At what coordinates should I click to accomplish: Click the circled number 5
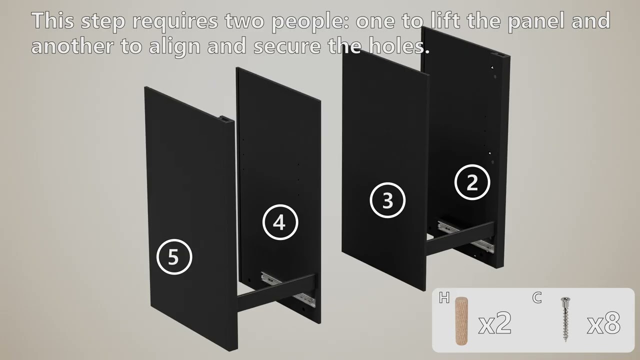pyautogui.click(x=174, y=257)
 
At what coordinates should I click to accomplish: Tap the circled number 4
pyautogui.click(x=280, y=222)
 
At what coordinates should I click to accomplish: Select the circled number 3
pyautogui.click(x=387, y=200)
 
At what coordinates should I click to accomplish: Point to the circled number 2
pyautogui.click(x=472, y=182)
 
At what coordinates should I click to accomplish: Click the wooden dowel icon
pyautogui.click(x=461, y=320)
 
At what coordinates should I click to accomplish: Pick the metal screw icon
pyautogui.click(x=565, y=319)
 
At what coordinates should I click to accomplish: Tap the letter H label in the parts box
pyautogui.click(x=444, y=297)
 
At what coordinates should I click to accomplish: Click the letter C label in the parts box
pyautogui.click(x=537, y=297)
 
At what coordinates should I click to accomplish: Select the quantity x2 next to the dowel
pyautogui.click(x=495, y=323)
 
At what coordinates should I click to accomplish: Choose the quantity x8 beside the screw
pyautogui.click(x=603, y=323)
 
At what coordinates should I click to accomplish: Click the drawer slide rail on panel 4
pyautogui.click(x=288, y=289)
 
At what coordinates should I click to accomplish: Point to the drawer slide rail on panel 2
pyautogui.click(x=465, y=236)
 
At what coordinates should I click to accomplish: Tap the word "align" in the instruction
pyautogui.click(x=174, y=46)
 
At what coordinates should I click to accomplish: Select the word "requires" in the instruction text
pyautogui.click(x=175, y=21)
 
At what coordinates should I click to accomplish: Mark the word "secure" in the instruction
pyautogui.click(x=287, y=46)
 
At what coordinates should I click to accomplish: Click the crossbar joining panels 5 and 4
pyautogui.click(x=276, y=293)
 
